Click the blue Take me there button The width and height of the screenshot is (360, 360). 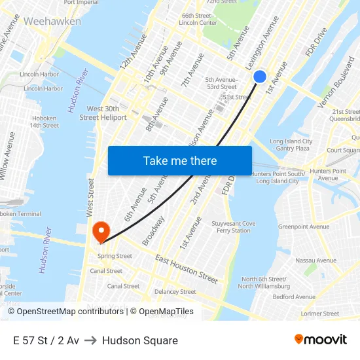pyautogui.click(x=180, y=160)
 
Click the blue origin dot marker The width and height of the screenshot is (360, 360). pyautogui.click(x=260, y=77)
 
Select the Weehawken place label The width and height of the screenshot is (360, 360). pyautogui.click(x=52, y=21)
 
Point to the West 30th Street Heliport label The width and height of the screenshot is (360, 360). pyautogui.click(x=103, y=113)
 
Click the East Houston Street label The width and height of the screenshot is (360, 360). pyautogui.click(x=187, y=269)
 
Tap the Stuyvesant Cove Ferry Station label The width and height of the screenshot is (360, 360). pyautogui.click(x=234, y=227)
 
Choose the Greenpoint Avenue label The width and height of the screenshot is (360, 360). pyautogui.click(x=304, y=226)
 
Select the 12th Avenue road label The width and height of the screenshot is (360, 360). pyautogui.click(x=133, y=52)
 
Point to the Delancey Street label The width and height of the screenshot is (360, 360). pyautogui.click(x=175, y=292)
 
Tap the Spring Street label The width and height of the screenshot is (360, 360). pyautogui.click(x=115, y=256)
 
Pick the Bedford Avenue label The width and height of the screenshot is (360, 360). pyautogui.click(x=294, y=297)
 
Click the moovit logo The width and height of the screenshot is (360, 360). pyautogui.click(x=320, y=339)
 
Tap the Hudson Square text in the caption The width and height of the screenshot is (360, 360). pyautogui.click(x=140, y=340)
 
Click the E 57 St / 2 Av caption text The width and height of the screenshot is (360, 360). pyautogui.click(x=46, y=340)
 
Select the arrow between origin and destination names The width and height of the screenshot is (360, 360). pyautogui.click(x=90, y=340)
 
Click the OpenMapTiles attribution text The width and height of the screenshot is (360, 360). pyautogui.click(x=162, y=312)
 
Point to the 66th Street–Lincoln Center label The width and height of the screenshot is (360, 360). pyautogui.click(x=198, y=19)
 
